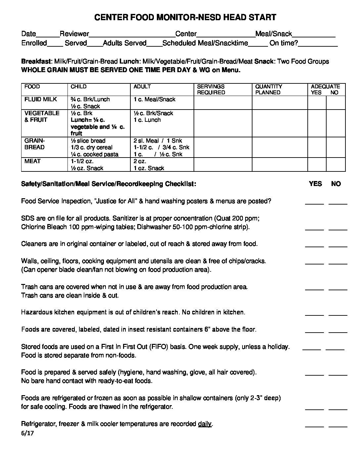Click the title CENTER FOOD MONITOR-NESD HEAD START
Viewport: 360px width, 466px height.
185,18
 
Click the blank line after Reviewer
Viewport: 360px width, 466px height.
132,34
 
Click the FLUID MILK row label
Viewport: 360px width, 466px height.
41,99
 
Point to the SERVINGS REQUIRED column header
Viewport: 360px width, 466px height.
211,89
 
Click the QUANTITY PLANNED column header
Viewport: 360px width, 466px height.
268,89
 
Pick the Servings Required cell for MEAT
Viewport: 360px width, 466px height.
223,164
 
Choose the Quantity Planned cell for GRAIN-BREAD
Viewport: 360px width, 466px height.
280,147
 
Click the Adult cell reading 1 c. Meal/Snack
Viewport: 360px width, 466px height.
154,99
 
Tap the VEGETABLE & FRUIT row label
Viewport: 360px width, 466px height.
42,116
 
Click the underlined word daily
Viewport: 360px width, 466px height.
204,424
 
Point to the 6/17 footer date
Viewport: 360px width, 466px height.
27,433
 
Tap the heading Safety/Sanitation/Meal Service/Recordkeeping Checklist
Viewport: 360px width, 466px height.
109,184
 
